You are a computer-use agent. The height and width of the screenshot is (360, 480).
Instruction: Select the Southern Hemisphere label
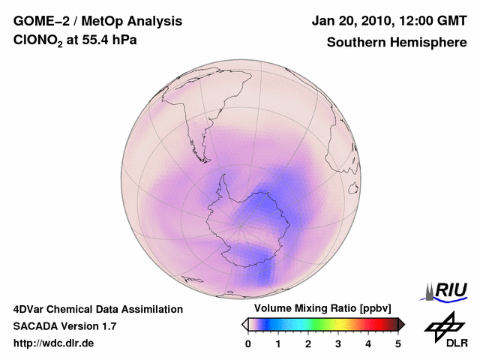396,43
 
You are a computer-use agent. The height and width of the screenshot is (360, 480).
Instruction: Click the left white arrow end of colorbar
244,324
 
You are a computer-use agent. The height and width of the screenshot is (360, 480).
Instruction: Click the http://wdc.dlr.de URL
54,343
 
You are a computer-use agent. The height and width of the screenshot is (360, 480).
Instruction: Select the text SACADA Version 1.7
64,326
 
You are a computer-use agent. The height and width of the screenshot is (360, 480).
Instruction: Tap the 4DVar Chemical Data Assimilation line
97,309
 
